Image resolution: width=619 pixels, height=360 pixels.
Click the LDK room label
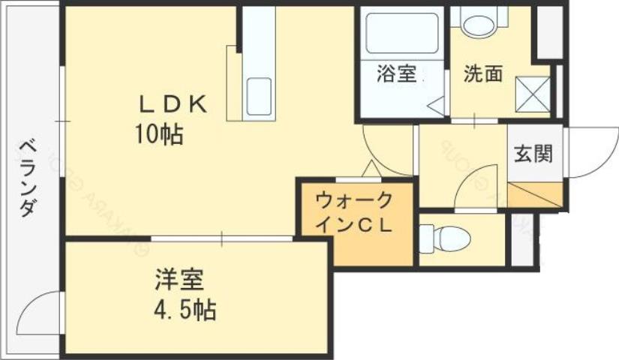(x=171, y=105)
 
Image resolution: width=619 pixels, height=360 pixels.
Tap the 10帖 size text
(x=159, y=135)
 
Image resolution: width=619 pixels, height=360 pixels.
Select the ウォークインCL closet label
(x=354, y=214)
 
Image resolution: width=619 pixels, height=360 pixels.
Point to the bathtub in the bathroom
(x=401, y=33)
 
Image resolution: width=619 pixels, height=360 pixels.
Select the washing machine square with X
(x=532, y=94)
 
